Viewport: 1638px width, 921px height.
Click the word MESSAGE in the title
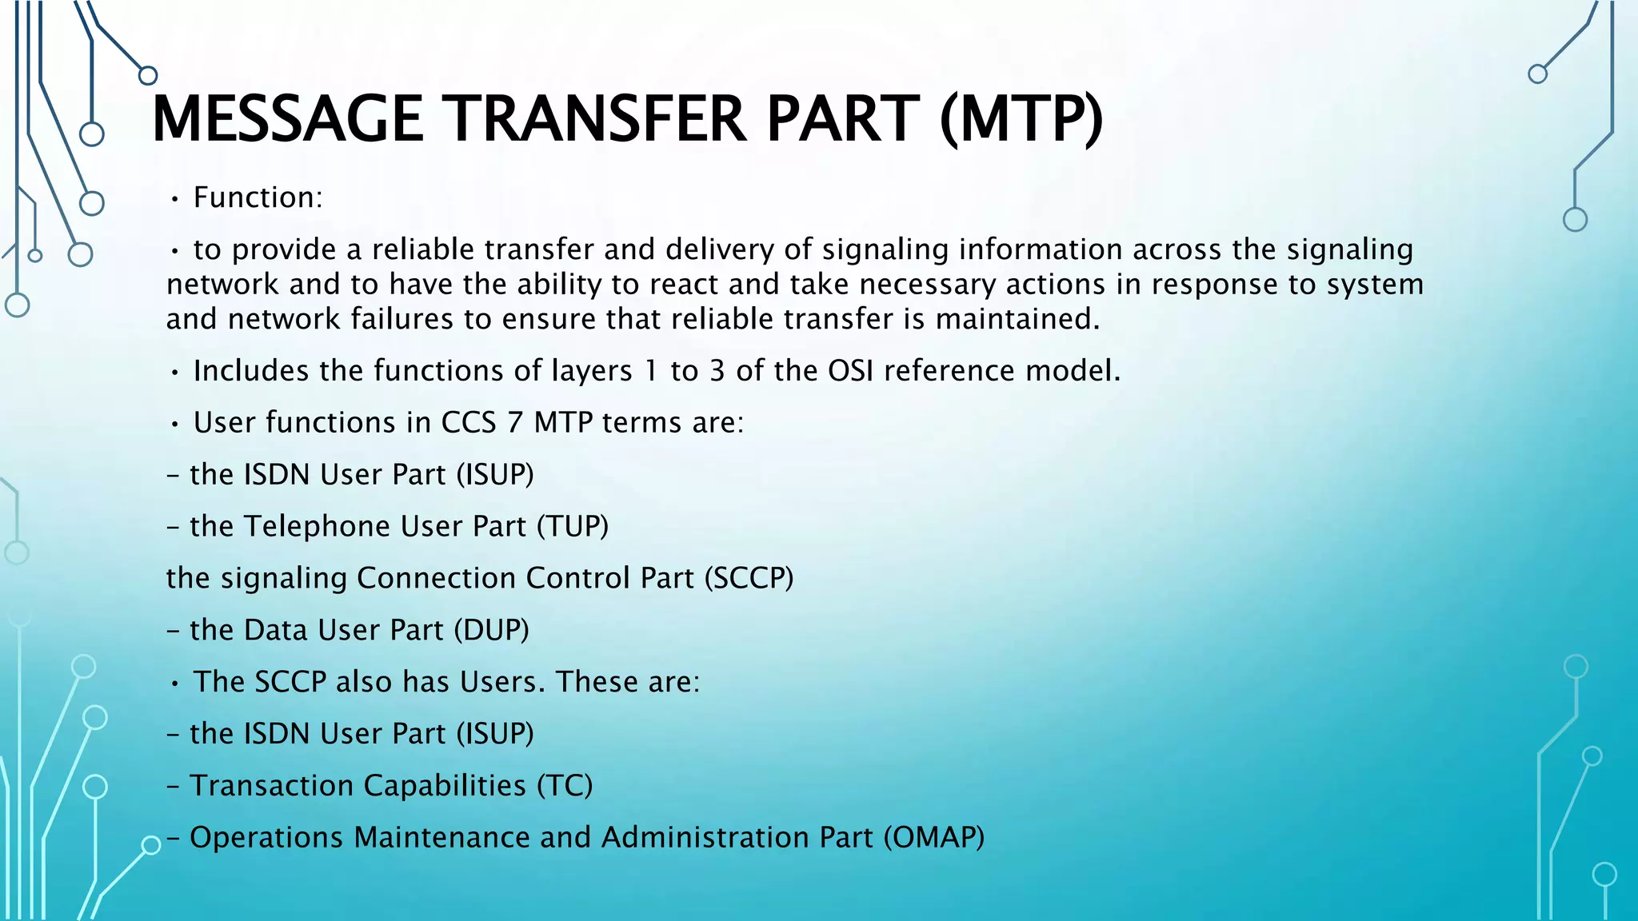tap(287, 119)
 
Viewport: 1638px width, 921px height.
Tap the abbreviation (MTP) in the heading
tap(1021, 119)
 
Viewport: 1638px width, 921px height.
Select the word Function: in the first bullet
tap(258, 197)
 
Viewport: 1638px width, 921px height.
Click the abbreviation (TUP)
tap(572, 526)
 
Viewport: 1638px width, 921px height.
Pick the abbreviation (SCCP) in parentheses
tap(749, 578)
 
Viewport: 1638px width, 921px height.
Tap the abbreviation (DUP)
tap(491, 630)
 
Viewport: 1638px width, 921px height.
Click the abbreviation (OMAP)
tap(933, 837)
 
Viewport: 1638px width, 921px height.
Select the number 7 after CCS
tap(515, 422)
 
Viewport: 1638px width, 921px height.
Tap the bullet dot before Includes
tap(174, 372)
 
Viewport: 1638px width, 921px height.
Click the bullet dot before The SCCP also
tap(174, 683)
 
